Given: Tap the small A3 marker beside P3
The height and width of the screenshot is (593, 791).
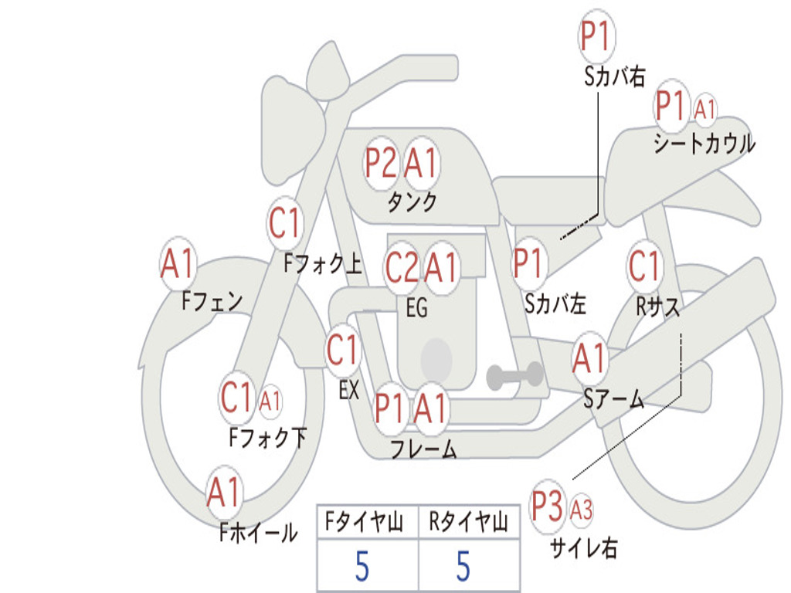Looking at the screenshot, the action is click(x=581, y=510).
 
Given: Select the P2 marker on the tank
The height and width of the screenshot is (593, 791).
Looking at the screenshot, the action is click(x=381, y=164).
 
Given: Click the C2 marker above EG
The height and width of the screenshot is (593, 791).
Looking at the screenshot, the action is click(x=402, y=267).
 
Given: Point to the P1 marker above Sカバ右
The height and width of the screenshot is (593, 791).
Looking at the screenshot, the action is click(x=597, y=36).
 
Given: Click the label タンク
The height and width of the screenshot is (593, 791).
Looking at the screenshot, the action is click(x=412, y=202).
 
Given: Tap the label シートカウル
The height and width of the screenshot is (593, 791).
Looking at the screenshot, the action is click(x=704, y=144).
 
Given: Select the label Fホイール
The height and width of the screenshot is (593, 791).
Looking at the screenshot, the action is click(x=258, y=533).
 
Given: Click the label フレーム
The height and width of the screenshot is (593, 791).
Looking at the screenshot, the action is click(x=424, y=449).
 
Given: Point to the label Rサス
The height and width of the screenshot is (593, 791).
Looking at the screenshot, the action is click(x=657, y=306).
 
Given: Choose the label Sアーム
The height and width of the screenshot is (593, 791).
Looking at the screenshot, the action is click(x=613, y=399).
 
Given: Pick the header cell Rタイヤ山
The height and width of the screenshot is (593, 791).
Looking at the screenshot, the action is click(x=469, y=522).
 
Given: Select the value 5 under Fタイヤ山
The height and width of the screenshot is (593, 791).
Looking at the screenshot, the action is click(x=362, y=566).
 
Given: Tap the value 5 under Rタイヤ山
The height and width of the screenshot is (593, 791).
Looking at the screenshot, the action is click(x=463, y=566).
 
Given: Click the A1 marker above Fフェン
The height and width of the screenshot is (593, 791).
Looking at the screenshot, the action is click(x=178, y=264).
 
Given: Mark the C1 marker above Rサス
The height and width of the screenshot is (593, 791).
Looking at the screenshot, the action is click(x=644, y=266).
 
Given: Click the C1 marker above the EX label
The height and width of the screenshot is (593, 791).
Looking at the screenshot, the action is click(x=342, y=351).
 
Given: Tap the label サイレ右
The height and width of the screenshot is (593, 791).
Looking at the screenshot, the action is click(x=584, y=548).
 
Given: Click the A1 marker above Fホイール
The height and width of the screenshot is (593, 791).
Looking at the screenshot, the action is click(x=223, y=492).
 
